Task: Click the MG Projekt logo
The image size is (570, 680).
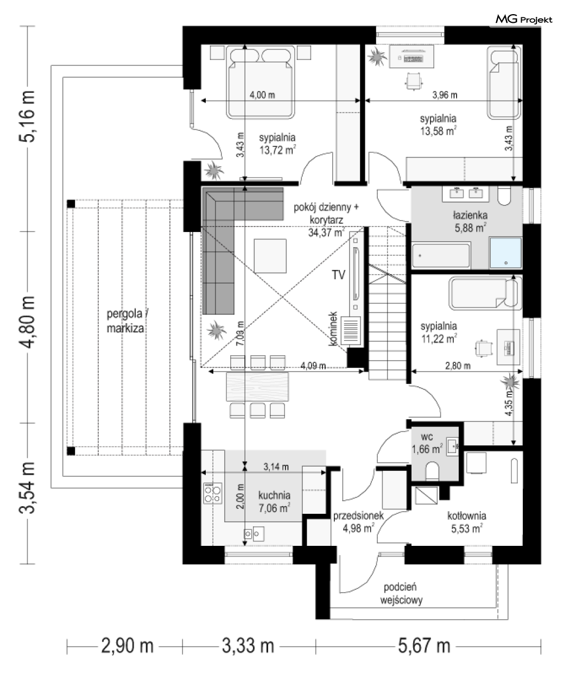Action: point(524,20)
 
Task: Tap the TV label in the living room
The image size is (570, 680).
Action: point(338,275)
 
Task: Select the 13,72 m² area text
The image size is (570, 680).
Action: point(278,150)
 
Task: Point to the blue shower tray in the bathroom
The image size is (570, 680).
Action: point(505,253)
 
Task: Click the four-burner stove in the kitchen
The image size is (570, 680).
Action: point(213,493)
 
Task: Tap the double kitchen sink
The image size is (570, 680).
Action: point(254,534)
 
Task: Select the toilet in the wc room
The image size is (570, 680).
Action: point(432,471)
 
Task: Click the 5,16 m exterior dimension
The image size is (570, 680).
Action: point(27,116)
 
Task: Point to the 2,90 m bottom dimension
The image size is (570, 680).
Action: point(127,645)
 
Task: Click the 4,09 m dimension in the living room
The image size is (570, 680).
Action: point(313,366)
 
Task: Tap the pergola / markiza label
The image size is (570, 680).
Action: point(126,321)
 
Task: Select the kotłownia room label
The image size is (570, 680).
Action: point(466,515)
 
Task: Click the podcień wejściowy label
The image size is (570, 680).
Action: point(401,594)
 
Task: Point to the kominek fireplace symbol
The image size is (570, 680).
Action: point(351,331)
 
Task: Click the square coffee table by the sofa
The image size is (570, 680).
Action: point(270,256)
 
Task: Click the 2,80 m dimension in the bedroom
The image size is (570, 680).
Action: point(458,366)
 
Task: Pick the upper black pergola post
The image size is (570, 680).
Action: point(71,204)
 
